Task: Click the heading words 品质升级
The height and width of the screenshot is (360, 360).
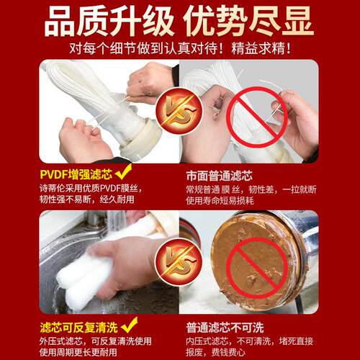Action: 101,21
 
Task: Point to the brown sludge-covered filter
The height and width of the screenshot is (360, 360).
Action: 252,252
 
